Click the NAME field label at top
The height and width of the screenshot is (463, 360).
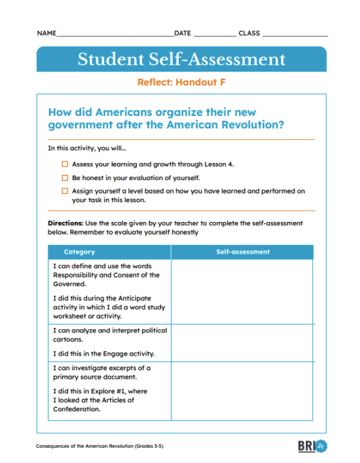pos(46,33)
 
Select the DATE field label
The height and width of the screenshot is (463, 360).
pos(183,33)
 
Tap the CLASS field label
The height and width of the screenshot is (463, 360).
pos(249,33)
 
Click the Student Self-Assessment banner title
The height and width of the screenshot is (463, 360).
pos(181,59)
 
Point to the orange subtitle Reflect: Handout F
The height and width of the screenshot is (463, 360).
pos(181,83)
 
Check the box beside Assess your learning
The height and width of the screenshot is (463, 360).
pos(65,164)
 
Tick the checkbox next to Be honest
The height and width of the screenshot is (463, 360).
pos(65,178)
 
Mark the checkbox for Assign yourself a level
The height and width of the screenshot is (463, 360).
pos(65,191)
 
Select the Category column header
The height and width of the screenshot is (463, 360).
pos(79,252)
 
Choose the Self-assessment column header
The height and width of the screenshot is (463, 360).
pos(243,252)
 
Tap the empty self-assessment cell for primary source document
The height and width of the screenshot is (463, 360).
pos(243,390)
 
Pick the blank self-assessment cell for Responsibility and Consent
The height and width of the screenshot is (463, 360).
pos(243,291)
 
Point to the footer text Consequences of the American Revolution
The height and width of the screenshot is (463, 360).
pos(100,446)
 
